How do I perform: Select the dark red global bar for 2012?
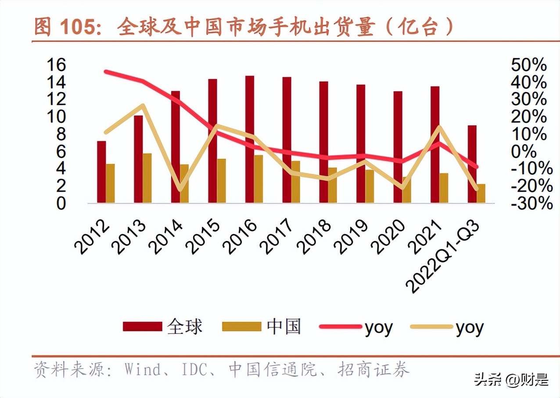[x=101, y=172]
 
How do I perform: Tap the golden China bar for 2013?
[x=147, y=178]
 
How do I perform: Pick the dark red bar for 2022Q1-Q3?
[x=472, y=164]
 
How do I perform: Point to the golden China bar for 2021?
[x=444, y=188]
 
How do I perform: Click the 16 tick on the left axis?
[x=56, y=65]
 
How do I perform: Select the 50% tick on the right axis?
[x=528, y=65]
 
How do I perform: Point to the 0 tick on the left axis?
[x=61, y=203]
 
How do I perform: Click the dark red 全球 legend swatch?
[x=142, y=327]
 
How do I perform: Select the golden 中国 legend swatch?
[x=242, y=327]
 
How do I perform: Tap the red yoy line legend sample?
[x=340, y=327]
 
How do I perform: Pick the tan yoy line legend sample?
[x=431, y=327]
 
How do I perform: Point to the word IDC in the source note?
[x=194, y=370]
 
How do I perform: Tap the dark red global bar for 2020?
[x=398, y=147]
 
